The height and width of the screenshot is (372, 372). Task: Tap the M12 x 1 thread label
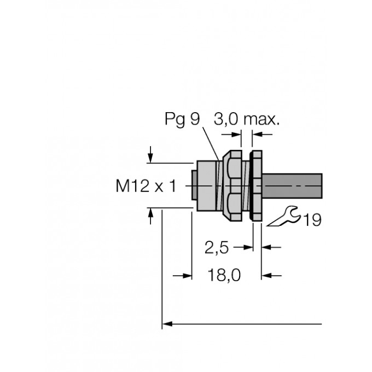pyautogui.click(x=146, y=187)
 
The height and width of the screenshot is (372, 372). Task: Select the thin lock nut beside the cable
pyautogui.click(x=255, y=186)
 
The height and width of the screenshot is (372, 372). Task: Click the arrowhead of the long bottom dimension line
pyautogui.click(x=168, y=325)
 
